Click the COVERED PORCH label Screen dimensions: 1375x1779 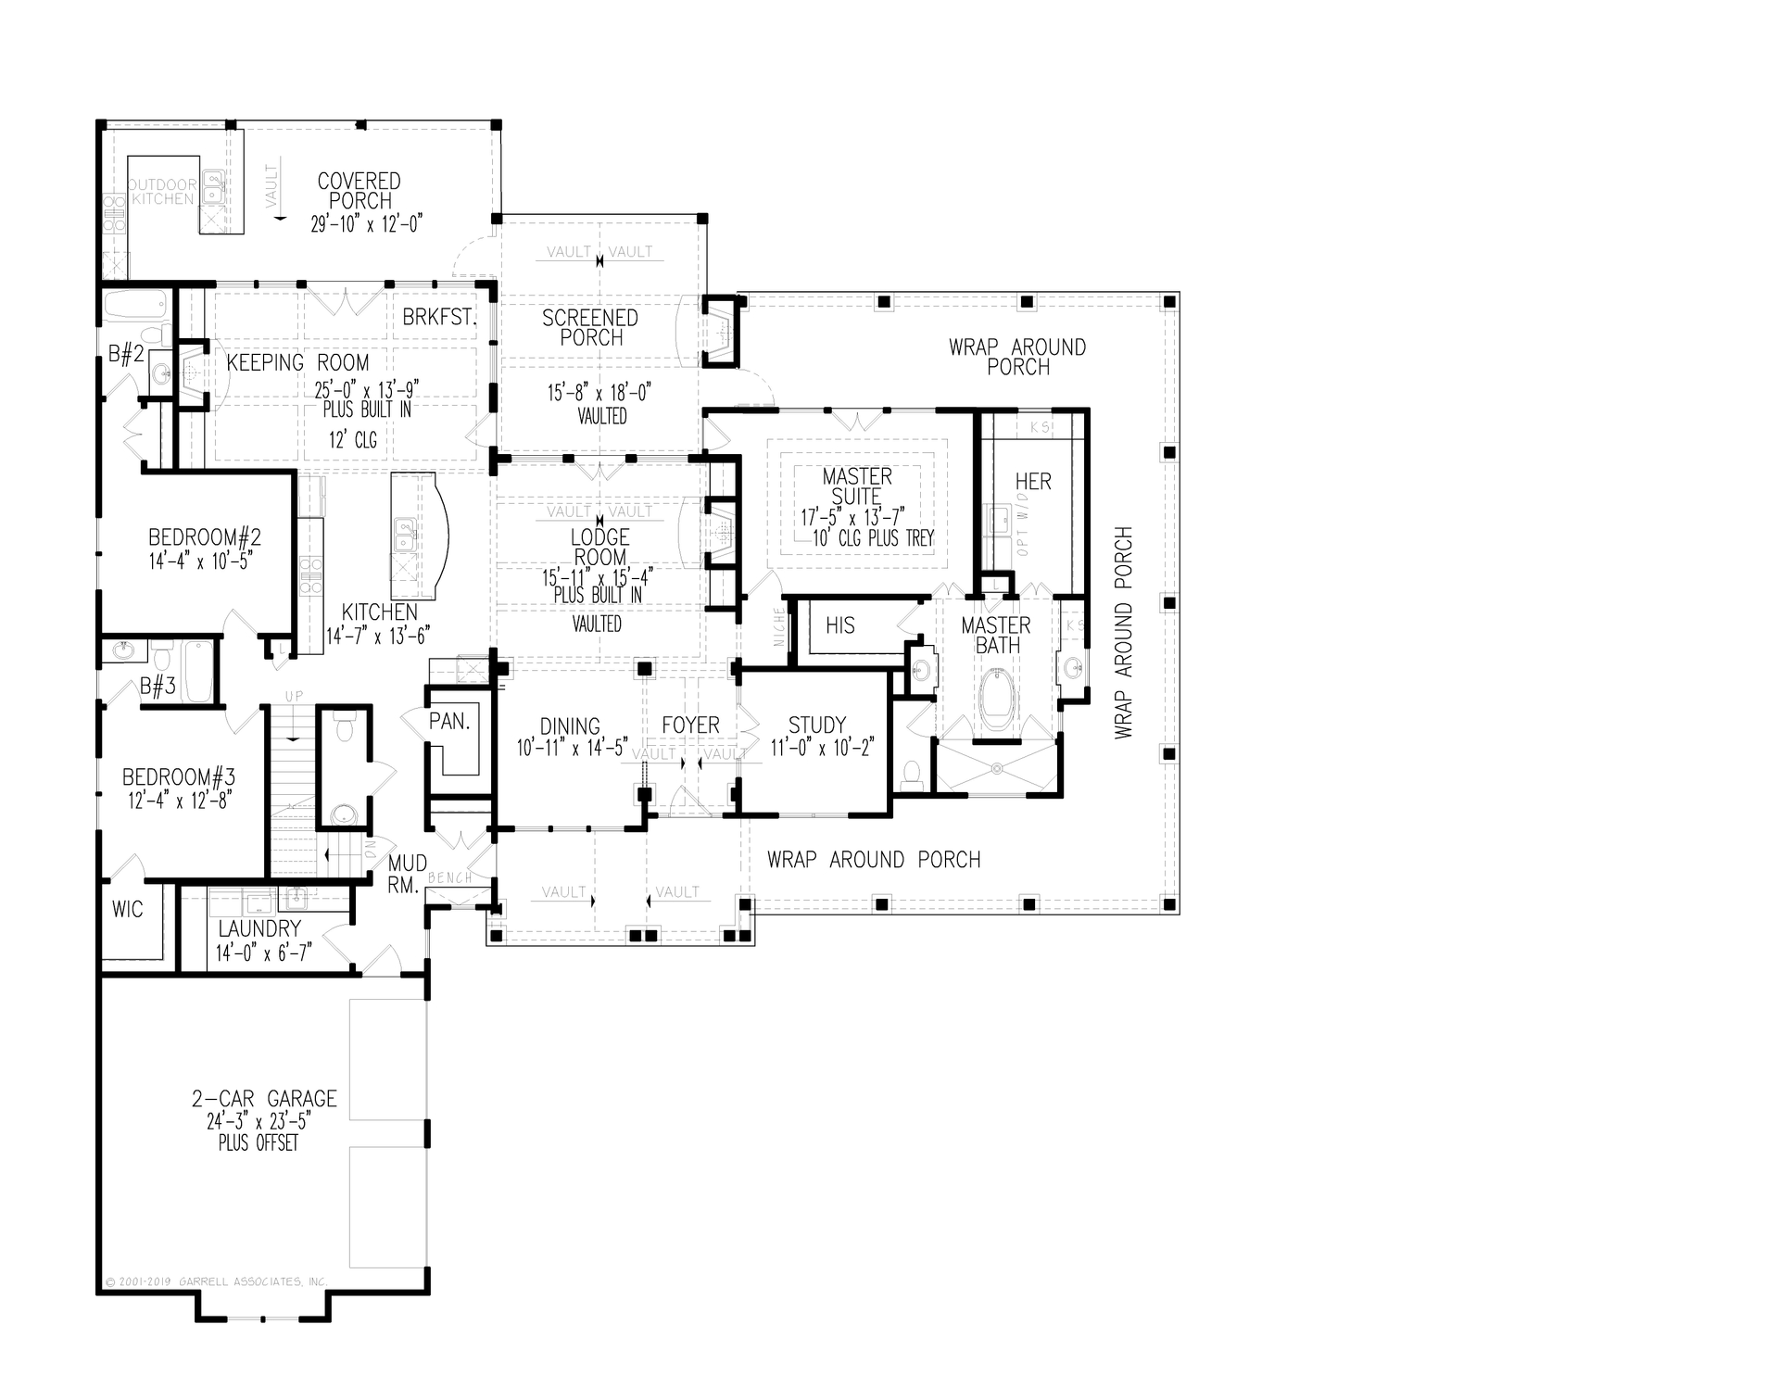point(360,191)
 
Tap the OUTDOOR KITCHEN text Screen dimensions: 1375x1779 point(162,192)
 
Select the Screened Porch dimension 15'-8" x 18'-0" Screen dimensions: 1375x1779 point(599,393)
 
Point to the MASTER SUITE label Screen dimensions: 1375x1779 point(857,486)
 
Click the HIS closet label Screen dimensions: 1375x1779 point(840,625)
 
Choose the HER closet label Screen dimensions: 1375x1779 point(1033,482)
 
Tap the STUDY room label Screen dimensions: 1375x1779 point(816,725)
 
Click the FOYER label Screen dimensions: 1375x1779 point(690,725)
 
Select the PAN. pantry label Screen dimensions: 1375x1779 point(449,722)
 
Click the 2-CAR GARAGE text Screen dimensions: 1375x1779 point(264,1099)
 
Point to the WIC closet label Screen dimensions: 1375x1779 point(128,909)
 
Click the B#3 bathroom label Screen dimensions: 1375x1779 point(158,687)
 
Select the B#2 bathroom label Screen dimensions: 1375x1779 point(126,354)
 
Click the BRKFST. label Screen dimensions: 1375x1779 point(439,318)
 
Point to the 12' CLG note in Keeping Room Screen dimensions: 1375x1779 point(353,439)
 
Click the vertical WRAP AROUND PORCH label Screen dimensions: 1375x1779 point(1124,633)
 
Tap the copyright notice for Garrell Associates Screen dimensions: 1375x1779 point(216,1281)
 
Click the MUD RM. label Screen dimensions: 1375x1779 point(406,875)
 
